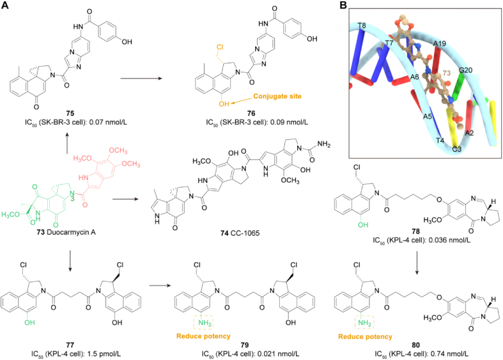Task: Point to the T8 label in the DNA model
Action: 361,26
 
